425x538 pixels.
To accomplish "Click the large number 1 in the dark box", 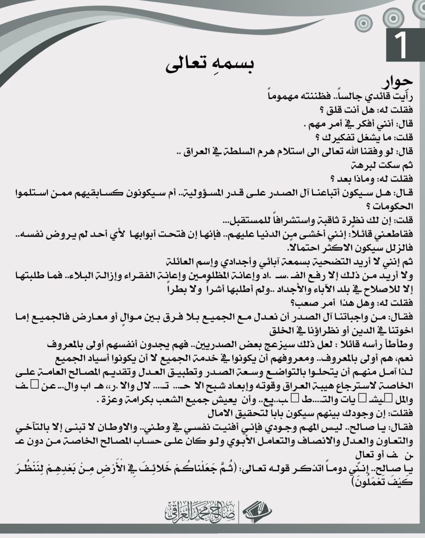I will click(401, 45).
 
